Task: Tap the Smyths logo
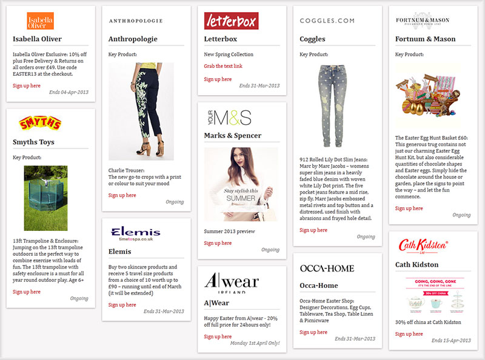tap(41, 124)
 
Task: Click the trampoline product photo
tap(45, 198)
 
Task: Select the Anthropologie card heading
tap(133, 39)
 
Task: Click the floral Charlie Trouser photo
tap(141, 112)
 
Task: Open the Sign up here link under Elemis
tap(122, 305)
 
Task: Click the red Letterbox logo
tap(231, 21)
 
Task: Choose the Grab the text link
tap(222, 66)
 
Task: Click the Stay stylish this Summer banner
tap(241, 184)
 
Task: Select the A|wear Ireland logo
tap(232, 282)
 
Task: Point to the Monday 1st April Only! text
tap(255, 343)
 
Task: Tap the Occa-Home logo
tap(327, 268)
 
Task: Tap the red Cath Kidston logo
tap(423, 245)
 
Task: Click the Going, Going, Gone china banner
tap(431, 295)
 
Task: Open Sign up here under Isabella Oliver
tap(27, 85)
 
